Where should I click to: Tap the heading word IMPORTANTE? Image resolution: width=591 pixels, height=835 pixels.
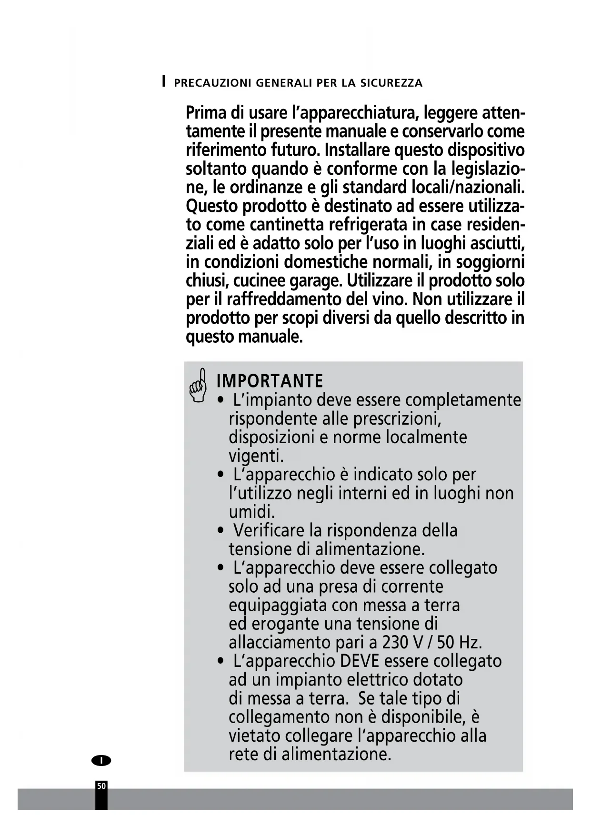coord(270,381)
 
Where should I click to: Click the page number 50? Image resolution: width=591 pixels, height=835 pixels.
coord(101,786)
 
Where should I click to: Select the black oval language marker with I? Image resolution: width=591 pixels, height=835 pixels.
coord(101,760)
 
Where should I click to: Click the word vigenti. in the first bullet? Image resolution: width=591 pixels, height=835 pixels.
coord(256,456)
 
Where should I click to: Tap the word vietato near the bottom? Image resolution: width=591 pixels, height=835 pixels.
coord(254,736)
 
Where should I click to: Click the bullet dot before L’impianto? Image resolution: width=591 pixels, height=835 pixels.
coord(220,400)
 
